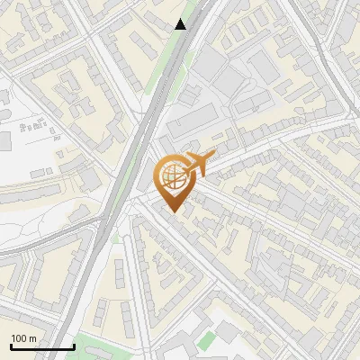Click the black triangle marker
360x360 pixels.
181,24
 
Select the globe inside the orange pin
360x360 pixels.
171,177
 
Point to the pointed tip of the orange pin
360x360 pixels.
171,211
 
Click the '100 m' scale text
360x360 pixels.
24,338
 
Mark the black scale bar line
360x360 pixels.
42,347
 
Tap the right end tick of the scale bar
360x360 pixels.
74,345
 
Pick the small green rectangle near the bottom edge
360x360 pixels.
208,340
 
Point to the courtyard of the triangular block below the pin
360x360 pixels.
162,270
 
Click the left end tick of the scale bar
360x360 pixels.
11,345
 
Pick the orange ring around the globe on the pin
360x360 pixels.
159,172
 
